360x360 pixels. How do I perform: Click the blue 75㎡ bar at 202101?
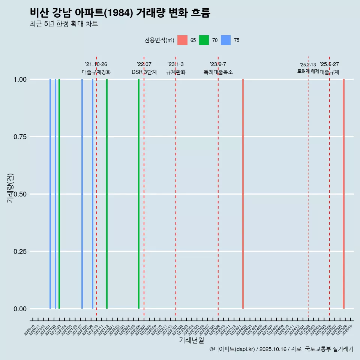50,194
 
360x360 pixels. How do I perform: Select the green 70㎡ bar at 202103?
59,194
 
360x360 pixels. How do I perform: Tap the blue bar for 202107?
82,194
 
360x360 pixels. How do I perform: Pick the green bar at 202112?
107,194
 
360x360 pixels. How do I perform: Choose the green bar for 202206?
139,194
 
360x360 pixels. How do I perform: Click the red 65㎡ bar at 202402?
243,194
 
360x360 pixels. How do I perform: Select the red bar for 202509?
343,194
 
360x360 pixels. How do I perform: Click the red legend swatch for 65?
182,40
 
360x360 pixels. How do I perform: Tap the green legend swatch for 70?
204,40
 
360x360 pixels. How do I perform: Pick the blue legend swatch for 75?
226,40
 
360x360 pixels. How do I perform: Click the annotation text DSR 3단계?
144,72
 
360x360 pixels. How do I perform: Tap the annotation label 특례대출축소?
218,72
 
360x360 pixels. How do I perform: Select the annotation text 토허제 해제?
308,71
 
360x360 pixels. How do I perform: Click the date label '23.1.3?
175,64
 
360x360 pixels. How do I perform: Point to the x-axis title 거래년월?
191,340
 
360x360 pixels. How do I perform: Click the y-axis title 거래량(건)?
10,187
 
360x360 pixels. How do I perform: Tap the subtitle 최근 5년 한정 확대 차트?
64,24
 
